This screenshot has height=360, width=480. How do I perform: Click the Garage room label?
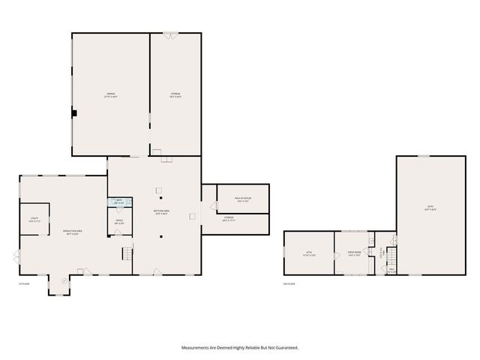pyautogui.click(x=110, y=95)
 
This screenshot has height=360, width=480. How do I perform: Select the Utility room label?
pyautogui.click(x=34, y=220)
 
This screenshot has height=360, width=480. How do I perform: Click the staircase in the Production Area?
pyautogui.click(x=127, y=255)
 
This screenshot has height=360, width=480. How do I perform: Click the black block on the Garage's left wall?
pyautogui.click(x=74, y=113)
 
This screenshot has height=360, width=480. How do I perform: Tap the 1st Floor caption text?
pyautogui.click(x=25, y=283)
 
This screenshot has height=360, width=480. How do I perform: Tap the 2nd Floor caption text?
pyautogui.click(x=289, y=283)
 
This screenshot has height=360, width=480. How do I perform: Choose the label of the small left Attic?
pyautogui.click(x=308, y=253)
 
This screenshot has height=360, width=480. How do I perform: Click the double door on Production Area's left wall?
pyautogui.click(x=16, y=257)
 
